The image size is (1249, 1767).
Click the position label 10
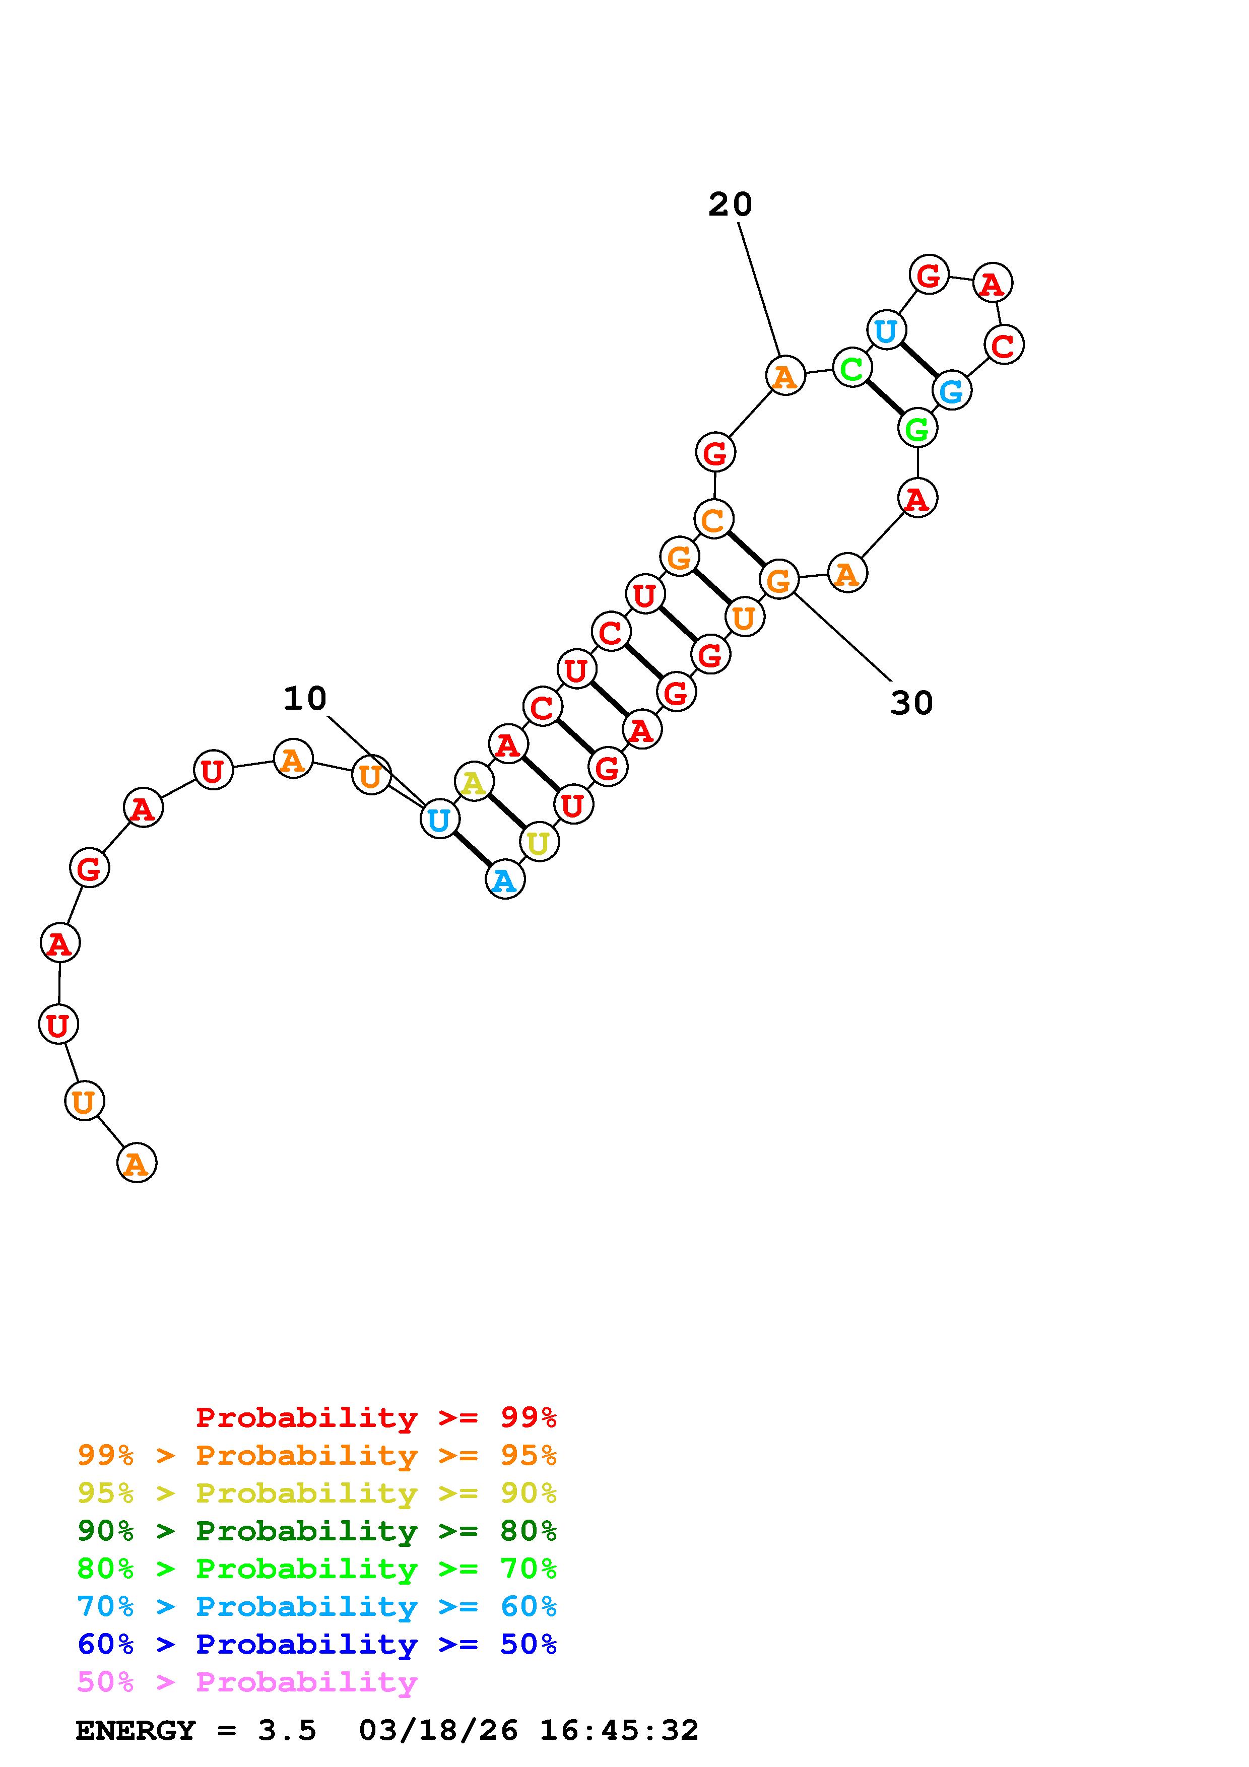point(305,699)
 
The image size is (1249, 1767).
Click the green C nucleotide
point(852,369)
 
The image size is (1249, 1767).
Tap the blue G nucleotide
point(952,390)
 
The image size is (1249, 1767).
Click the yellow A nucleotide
point(473,783)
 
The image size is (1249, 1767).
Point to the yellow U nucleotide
point(539,843)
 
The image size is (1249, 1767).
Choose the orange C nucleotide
point(713,519)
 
